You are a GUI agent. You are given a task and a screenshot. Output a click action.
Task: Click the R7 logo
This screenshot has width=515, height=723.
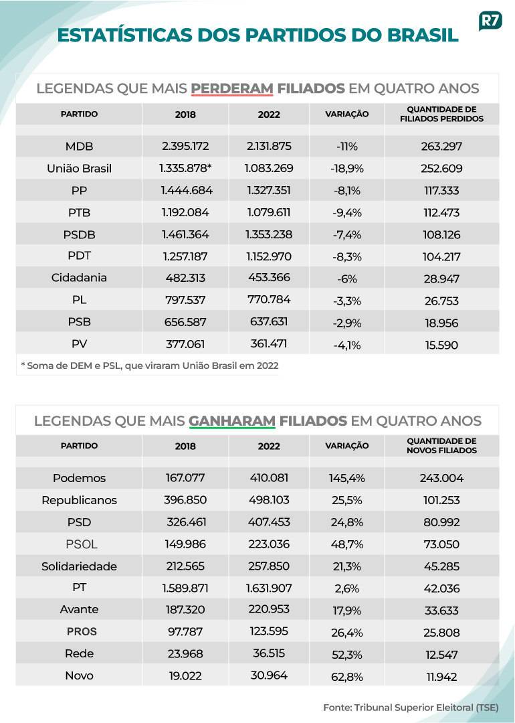coord(490,21)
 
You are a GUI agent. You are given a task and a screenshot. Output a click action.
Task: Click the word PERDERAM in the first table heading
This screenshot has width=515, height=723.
coord(231,88)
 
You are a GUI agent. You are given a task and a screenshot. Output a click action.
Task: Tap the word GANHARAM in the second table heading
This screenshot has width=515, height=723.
coord(231,421)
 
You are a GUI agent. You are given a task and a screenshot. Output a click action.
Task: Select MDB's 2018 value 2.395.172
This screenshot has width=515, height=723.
coord(185,146)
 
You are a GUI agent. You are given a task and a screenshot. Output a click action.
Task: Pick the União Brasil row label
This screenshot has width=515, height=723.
coord(79,168)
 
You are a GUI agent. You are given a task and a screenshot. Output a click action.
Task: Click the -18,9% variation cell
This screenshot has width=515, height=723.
coord(347,168)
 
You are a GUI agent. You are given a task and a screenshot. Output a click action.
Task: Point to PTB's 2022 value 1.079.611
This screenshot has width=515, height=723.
coord(269,213)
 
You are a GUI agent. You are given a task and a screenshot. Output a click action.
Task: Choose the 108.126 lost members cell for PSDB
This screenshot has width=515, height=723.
coord(441,235)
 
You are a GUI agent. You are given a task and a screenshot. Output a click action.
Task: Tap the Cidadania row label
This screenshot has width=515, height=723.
coord(79,278)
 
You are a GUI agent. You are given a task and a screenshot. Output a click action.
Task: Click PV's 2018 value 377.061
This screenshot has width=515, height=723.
coord(185,344)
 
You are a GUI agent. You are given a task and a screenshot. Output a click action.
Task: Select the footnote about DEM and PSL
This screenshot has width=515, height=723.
coord(150,366)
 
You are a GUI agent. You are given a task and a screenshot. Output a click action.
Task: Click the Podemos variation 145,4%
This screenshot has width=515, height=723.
coord(347,478)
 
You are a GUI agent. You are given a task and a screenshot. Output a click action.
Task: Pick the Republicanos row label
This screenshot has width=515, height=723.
coord(79,500)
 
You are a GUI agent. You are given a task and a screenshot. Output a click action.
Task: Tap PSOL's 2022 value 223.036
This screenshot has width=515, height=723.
coord(269,544)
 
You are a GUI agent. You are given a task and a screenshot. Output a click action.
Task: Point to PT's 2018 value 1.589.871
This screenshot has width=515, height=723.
coord(185,588)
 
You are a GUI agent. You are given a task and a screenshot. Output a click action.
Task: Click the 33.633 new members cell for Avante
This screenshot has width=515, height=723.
coord(441,611)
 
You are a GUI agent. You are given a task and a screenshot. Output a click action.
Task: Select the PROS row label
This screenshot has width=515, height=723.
coord(82,632)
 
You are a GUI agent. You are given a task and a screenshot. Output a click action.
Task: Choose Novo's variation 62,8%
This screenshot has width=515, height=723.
coord(347,677)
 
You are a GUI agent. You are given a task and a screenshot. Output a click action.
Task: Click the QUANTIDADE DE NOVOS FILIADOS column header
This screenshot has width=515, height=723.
coord(441,446)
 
